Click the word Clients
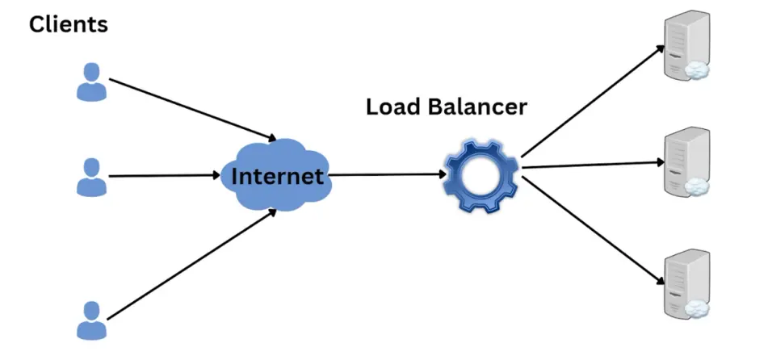tap(68, 24)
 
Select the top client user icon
tap(91, 82)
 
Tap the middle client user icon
tap(91, 178)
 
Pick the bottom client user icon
tap(91, 320)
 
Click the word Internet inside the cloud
tap(277, 176)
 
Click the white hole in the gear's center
tap(480, 176)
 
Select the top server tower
tap(686, 45)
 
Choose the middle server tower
tap(686, 162)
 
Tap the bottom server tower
tap(686, 284)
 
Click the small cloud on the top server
tap(696, 70)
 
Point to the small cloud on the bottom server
tap(696, 309)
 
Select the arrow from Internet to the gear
tap(387, 174)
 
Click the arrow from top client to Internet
tap(192, 110)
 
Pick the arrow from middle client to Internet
tap(165, 175)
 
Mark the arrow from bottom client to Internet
tap(192, 265)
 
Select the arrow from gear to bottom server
tap(593, 230)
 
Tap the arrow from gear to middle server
tap(594, 165)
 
